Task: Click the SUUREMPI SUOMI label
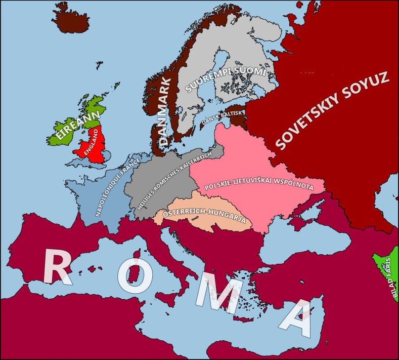click(x=225, y=80)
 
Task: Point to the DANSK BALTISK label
click(x=223, y=117)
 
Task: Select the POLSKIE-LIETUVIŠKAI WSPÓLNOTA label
click(x=259, y=186)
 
